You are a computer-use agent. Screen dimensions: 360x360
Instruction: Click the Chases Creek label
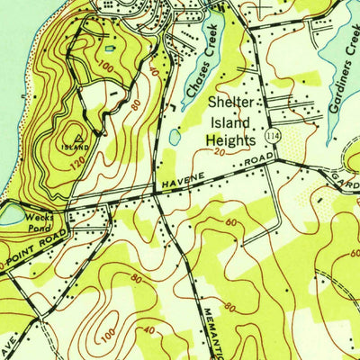199,69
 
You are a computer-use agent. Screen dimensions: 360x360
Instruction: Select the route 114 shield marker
271,135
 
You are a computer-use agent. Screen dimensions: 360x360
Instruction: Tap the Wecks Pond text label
40,221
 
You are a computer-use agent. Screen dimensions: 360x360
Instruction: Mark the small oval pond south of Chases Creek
174,138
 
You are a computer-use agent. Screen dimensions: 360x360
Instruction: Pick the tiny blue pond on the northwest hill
111,49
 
